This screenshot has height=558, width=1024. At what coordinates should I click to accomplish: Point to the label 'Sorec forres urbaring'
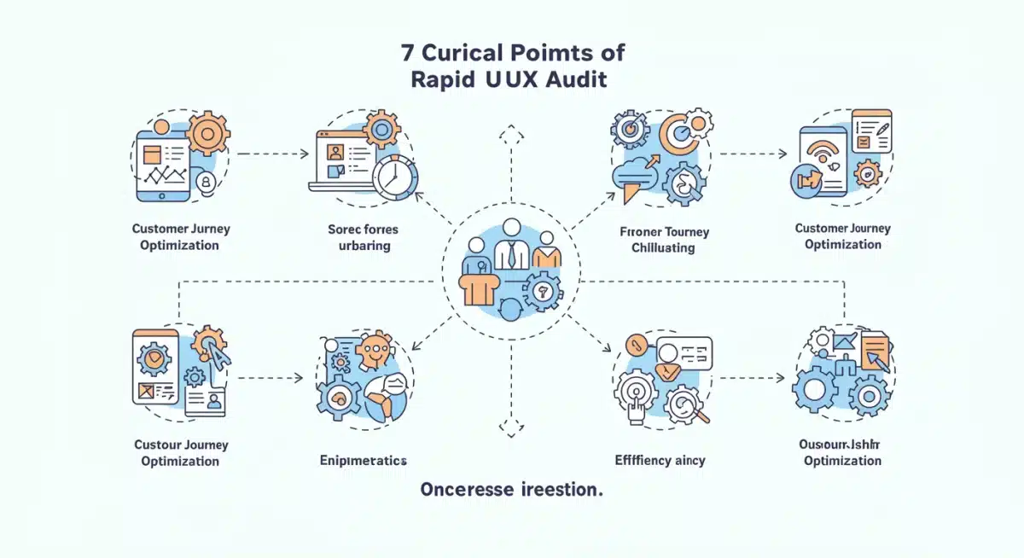[x=363, y=237]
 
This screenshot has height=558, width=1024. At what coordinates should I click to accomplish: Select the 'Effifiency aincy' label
[x=660, y=460]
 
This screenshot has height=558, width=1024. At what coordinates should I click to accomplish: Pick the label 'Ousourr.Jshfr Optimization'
[x=841, y=452]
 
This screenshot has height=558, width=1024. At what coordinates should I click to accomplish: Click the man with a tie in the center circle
[x=512, y=247]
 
